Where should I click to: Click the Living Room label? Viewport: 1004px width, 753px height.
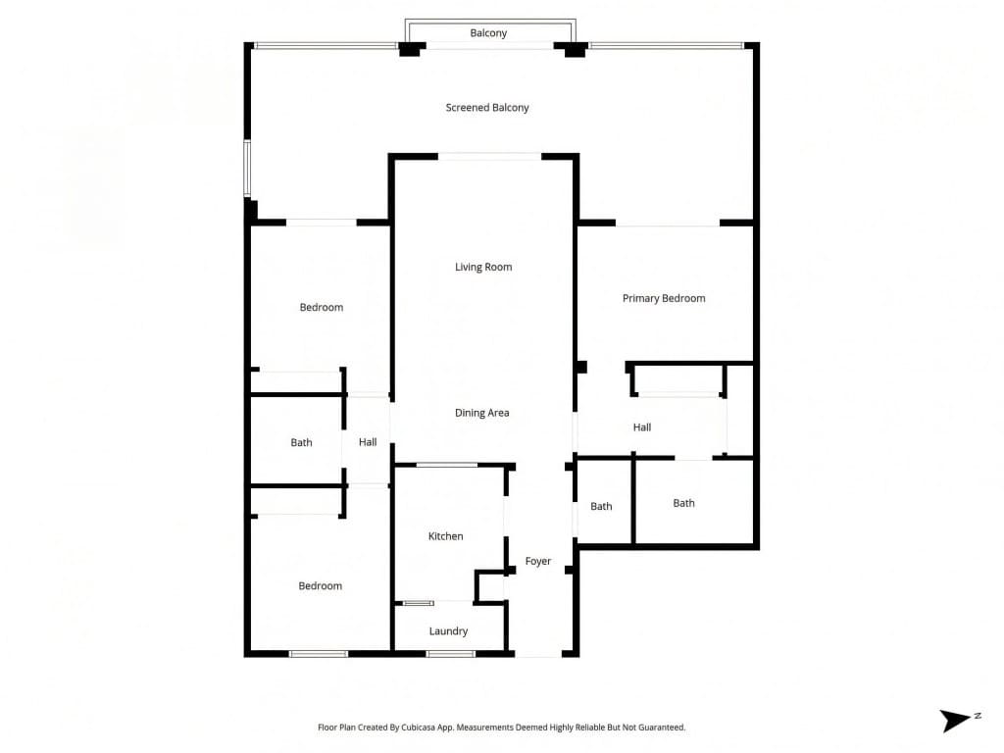(483, 267)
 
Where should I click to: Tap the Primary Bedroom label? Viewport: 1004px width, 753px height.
(664, 298)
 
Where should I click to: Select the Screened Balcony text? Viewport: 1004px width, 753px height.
(487, 108)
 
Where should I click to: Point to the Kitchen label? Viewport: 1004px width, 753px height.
(445, 536)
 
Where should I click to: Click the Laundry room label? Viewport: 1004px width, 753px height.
(448, 631)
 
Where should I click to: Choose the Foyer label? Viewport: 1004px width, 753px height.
(538, 562)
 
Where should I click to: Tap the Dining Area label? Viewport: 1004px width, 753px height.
(482, 413)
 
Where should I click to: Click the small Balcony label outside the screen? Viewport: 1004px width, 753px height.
(488, 33)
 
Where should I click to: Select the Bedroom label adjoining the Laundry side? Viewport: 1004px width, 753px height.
(321, 586)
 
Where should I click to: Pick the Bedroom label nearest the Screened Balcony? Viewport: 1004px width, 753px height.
(322, 308)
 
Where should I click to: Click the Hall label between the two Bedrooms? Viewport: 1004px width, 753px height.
(368, 443)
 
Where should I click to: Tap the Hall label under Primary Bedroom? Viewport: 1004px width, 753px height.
(642, 427)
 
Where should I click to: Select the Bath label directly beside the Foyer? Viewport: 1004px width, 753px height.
(601, 507)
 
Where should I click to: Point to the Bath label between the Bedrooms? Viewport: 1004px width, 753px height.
(301, 443)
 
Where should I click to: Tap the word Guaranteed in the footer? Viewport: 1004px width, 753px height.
(658, 728)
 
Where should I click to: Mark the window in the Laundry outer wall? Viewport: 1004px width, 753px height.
(450, 654)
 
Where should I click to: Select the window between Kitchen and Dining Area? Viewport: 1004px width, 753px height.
(447, 465)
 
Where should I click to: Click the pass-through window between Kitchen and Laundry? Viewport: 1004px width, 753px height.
(419, 603)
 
